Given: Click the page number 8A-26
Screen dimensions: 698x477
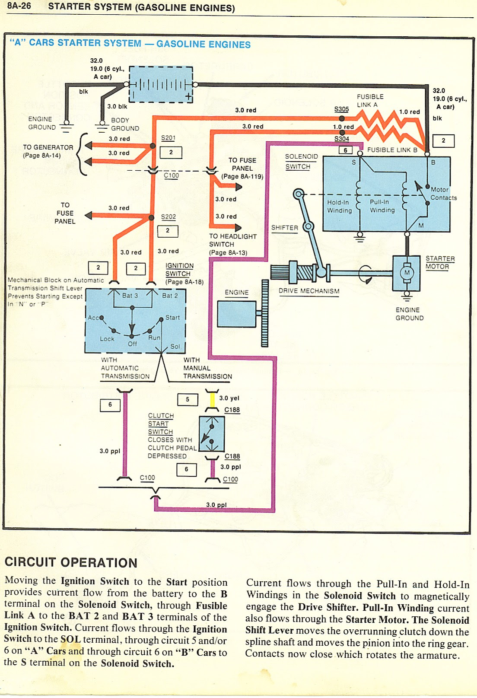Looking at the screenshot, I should [19, 6].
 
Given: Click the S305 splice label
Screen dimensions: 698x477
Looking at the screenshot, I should [341, 109].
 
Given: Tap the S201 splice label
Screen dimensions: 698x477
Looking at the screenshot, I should [168, 138].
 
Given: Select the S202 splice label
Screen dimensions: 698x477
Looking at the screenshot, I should [168, 217].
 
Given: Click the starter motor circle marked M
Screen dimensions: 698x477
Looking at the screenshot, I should [407, 272].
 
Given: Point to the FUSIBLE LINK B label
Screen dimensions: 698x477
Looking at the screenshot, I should [392, 150].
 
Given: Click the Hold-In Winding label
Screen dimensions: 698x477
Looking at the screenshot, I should [339, 206].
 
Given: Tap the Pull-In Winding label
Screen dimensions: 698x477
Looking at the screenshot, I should [382, 206].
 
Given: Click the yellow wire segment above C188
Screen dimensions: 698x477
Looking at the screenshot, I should [212, 401].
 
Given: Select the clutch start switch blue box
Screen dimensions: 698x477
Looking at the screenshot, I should [211, 433].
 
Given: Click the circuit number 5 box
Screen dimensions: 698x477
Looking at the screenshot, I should [188, 399].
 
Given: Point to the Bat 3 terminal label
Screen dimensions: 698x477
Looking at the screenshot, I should [130, 296].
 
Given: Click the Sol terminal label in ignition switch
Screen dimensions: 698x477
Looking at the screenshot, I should [175, 346].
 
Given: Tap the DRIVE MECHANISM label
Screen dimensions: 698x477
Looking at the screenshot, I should [308, 291].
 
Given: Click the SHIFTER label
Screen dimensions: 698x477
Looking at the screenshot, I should [284, 228].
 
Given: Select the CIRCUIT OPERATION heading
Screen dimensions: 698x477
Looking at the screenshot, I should [71, 562].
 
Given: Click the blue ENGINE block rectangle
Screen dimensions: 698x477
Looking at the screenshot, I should [236, 314].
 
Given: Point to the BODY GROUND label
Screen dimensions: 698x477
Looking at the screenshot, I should [125, 124].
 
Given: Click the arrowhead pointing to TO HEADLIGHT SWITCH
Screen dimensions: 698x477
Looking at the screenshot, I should [238, 227].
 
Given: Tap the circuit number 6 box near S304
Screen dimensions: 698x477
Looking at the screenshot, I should [345, 150].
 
